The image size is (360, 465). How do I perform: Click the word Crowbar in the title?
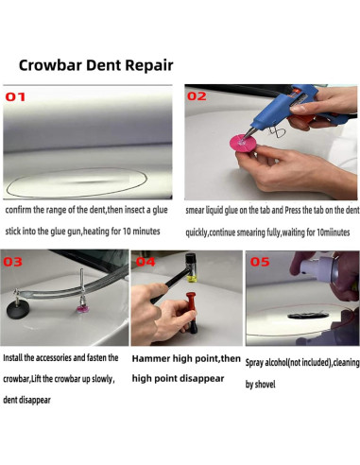[x=51, y=65]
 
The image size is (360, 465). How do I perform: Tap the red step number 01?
[x=15, y=97]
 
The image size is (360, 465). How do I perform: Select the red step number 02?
[x=197, y=96]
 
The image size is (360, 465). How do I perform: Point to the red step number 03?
[x=12, y=262]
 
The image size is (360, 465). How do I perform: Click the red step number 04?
[x=146, y=262]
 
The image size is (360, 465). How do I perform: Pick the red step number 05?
[x=260, y=262]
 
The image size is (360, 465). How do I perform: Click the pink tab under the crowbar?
[x=82, y=308]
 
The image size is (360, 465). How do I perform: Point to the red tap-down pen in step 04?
[x=191, y=313]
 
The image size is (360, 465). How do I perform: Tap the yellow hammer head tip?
[x=192, y=278]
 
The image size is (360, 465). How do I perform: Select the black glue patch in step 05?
[x=305, y=315]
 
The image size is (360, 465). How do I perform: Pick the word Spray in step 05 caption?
[x=254, y=363]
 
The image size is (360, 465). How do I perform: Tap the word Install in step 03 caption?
[x=13, y=358]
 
